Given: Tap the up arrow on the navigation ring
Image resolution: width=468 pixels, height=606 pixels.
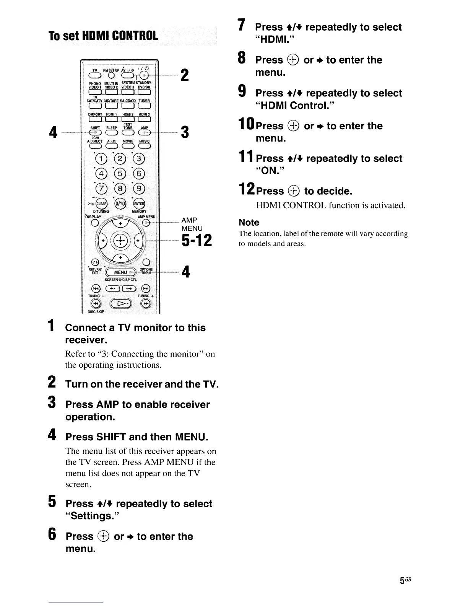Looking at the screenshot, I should pyautogui.click(x=120, y=222).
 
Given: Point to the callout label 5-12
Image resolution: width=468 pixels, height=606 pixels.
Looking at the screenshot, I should pyautogui.click(x=197, y=241).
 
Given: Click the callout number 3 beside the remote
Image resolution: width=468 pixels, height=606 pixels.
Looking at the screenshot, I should pyautogui.click(x=185, y=132).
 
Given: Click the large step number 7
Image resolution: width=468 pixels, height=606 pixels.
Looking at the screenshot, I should pyautogui.click(x=242, y=25).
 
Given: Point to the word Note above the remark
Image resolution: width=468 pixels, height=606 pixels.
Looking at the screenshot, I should pyautogui.click(x=249, y=222).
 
